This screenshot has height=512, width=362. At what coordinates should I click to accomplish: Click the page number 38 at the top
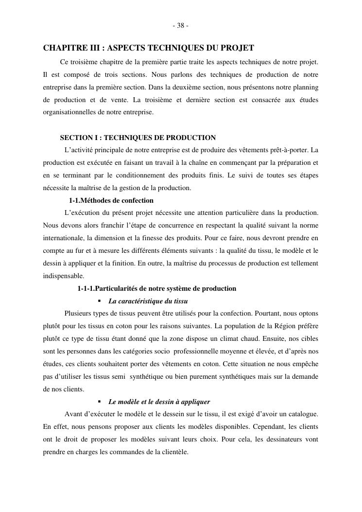[181, 26]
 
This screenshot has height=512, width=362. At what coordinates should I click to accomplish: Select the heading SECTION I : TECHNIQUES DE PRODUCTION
[138, 138]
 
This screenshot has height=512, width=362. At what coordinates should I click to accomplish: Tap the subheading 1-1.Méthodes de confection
[111, 200]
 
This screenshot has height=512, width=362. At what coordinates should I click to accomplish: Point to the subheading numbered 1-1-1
[156, 288]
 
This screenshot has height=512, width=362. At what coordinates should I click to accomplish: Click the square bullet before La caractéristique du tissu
[99, 301]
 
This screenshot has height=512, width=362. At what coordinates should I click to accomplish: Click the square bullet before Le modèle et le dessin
[99, 402]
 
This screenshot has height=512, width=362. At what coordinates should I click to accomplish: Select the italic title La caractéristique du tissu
[148, 301]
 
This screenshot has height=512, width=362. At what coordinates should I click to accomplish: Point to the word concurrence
[165, 226]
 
